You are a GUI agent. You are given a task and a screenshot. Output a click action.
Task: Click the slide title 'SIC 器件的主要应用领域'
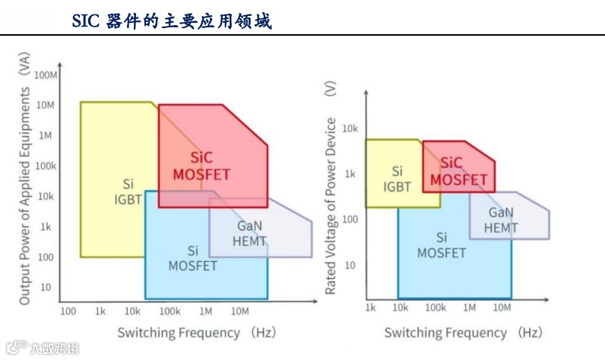pyautogui.click(x=171, y=21)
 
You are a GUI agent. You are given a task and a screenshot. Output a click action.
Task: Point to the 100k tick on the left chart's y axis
pyautogui.click(x=45, y=166)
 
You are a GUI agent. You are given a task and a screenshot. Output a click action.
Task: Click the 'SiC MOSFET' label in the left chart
pyautogui.click(x=201, y=166)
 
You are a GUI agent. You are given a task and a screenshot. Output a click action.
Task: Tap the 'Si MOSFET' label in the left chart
pyautogui.click(x=192, y=258)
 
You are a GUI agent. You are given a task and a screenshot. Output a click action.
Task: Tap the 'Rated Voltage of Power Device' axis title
pyautogui.click(x=330, y=205)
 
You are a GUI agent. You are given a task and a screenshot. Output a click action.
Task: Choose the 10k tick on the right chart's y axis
pyautogui.click(x=349, y=129)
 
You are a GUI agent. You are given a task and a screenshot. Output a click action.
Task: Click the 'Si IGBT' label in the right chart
pyautogui.click(x=397, y=178)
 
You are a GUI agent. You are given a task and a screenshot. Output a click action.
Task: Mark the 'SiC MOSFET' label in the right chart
pyautogui.click(x=458, y=172)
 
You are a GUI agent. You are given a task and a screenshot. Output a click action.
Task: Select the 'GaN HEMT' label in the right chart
pyautogui.click(x=502, y=220)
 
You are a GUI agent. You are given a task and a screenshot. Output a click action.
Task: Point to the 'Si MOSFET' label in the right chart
pyautogui.click(x=441, y=245)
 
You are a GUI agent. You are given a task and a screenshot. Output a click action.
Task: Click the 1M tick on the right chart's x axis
pyautogui.click(x=469, y=307)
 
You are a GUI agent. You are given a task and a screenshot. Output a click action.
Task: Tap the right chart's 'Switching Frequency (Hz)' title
pyautogui.click(x=463, y=333)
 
